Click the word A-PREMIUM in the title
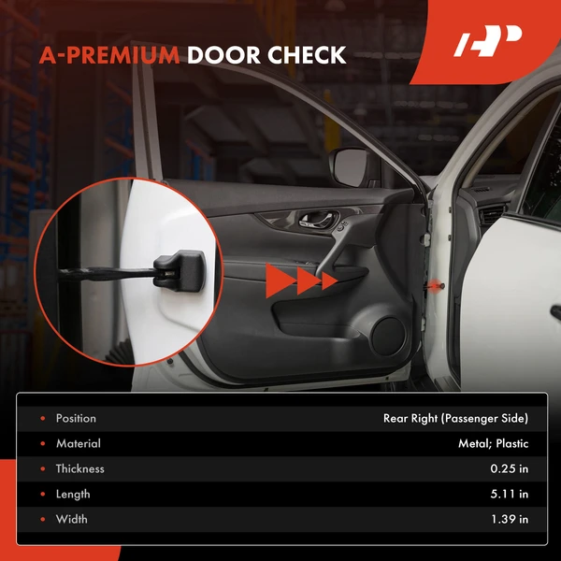(109, 55)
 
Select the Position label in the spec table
(76, 418)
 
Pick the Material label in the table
(78, 443)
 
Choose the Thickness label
(79, 468)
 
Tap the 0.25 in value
(508, 468)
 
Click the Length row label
(73, 494)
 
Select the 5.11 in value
(509, 494)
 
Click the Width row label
(71, 519)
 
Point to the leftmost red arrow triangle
(278, 280)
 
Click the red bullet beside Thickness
(41, 468)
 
